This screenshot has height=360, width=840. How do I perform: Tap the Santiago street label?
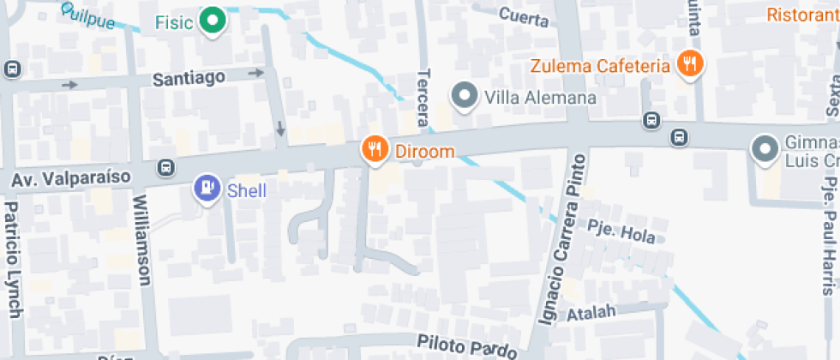189,78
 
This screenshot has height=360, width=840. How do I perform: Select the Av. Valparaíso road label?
70,177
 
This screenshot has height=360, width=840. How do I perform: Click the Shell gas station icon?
207,189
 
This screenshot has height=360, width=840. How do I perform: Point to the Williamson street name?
141,240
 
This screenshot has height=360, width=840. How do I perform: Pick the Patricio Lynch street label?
10,261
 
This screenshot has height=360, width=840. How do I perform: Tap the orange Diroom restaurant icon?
374,150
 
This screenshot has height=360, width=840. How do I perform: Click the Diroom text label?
424,153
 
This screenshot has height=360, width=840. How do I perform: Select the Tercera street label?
421,99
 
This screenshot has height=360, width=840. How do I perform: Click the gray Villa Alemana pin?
464,96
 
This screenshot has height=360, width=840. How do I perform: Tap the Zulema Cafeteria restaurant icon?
690,63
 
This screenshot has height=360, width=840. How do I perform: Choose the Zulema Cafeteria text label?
599,66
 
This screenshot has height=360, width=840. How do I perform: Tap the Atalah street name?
591,312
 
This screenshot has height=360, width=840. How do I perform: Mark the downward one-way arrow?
280,129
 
